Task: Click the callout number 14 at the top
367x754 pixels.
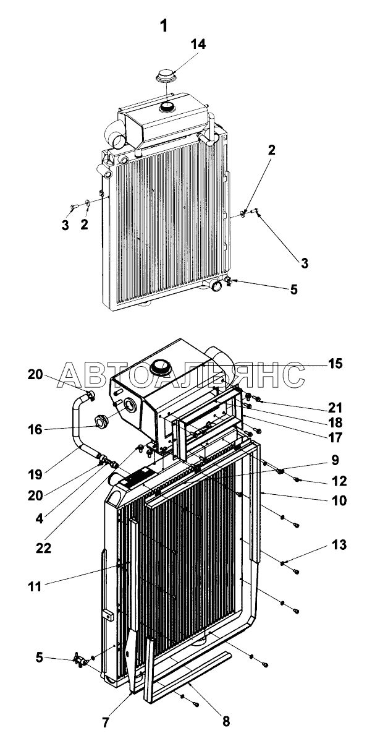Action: pos(198,44)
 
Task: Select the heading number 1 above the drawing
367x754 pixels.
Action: pos(164,26)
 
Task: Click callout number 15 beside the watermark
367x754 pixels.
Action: pos(335,364)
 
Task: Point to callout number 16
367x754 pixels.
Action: pos(35,429)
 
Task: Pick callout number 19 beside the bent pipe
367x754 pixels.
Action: pos(35,474)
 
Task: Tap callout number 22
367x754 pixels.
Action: pos(44,548)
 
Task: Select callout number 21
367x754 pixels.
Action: pos(335,408)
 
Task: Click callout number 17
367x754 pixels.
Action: pos(335,437)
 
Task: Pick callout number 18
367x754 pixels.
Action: pos(335,422)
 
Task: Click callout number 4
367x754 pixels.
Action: pos(40,518)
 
